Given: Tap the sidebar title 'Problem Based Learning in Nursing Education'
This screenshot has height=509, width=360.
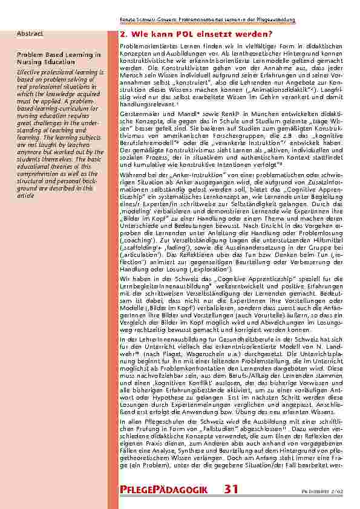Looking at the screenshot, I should click(59, 57).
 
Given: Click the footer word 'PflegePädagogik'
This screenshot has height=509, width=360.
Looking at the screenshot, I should click(165, 490).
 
